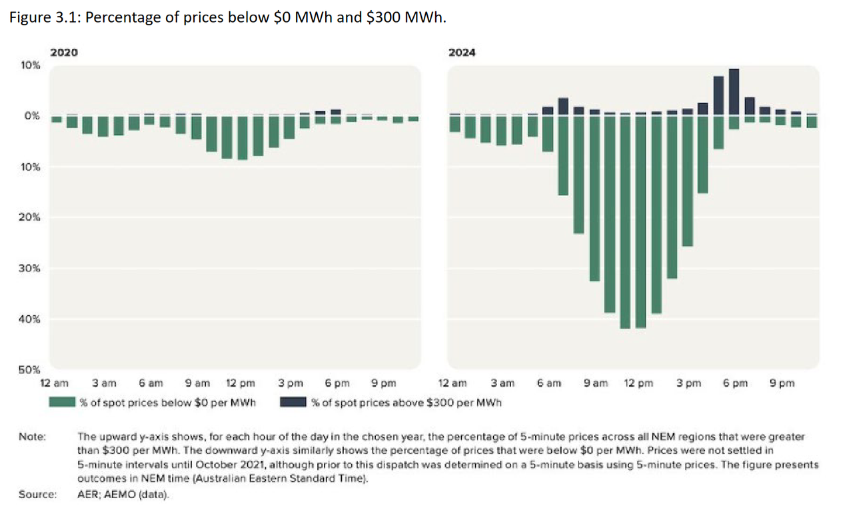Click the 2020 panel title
[64, 53]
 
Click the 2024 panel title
[462, 53]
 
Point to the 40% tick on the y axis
[31, 319]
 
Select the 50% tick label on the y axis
[31, 369]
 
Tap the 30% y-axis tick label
[31, 269]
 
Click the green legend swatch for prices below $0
[62, 402]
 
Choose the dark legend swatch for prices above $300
[293, 402]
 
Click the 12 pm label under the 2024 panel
[638, 383]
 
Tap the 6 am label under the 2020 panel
[151, 383]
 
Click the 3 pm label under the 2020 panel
[291, 383]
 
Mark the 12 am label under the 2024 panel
[452, 383]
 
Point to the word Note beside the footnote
[32, 437]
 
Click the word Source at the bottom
[37, 494]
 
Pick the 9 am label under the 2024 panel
[595, 383]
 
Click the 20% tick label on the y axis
[31, 217]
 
